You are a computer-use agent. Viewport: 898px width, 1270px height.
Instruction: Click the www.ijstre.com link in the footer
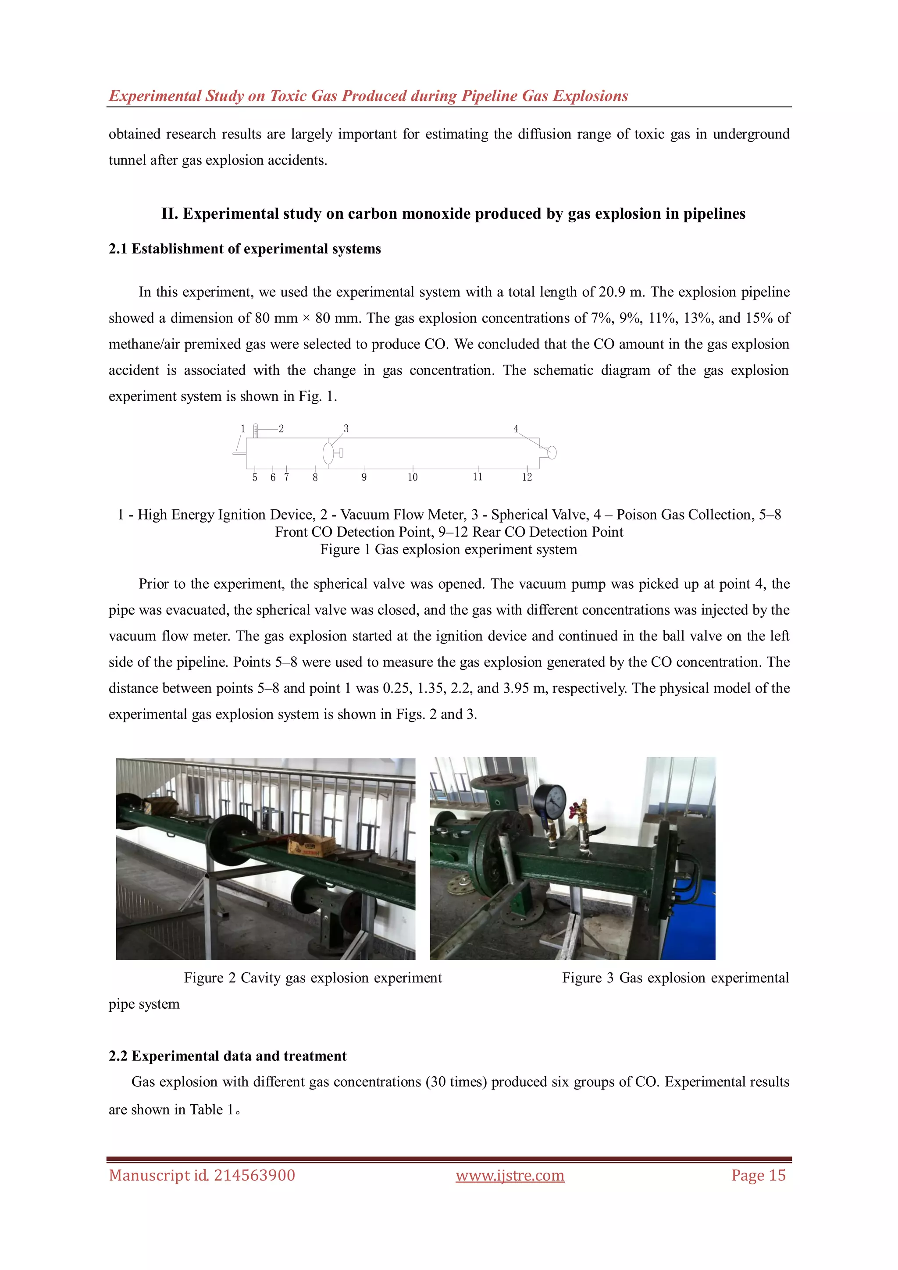[x=510, y=1175]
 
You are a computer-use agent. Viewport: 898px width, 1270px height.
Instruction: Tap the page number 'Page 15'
[x=758, y=1175]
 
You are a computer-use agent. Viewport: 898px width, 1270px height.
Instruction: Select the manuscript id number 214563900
[x=254, y=1175]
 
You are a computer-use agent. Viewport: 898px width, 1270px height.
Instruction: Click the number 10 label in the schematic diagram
[x=412, y=477]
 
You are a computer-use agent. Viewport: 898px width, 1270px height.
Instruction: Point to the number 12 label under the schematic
[x=527, y=477]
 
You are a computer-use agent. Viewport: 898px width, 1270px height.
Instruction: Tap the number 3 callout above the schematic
[x=346, y=429]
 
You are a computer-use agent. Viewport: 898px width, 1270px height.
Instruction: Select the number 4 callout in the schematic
[x=516, y=429]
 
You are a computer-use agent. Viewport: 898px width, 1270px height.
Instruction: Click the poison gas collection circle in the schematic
[x=552, y=452]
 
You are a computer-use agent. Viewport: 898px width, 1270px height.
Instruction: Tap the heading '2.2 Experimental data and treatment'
[x=228, y=1056]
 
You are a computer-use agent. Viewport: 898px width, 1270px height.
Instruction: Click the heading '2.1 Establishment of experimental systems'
[x=245, y=249]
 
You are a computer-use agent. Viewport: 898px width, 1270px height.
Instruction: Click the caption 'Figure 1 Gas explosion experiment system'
[x=448, y=549]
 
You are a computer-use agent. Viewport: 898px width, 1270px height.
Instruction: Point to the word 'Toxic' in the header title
[x=288, y=96]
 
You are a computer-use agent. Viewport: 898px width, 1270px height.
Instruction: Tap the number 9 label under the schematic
[x=364, y=477]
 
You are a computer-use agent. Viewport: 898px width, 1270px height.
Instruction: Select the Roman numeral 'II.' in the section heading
[x=169, y=214]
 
